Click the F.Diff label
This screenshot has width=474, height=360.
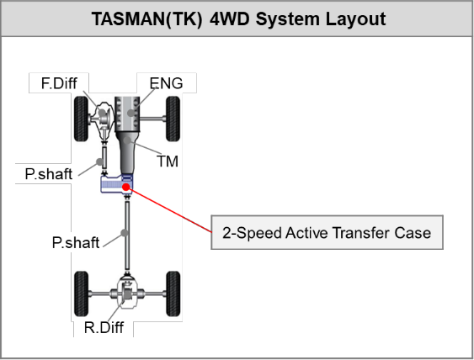tap(59, 83)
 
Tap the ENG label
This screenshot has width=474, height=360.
tap(166, 83)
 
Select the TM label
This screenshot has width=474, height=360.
tap(168, 161)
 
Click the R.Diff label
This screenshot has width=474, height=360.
tap(104, 327)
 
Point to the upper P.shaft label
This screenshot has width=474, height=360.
tap(49, 174)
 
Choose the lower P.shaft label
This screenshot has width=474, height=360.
tap(76, 242)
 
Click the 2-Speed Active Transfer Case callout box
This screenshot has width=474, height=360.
tap(327, 232)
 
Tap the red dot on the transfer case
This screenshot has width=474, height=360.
tap(126, 188)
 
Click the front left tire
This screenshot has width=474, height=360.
tap(82, 119)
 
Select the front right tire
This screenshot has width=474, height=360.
tap(173, 119)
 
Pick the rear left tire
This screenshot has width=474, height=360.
tap(82, 294)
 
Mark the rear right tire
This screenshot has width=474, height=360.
tap(173, 294)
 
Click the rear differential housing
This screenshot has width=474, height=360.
tap(127, 293)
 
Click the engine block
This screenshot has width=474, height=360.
tap(127, 114)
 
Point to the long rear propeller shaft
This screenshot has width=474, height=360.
tap(127, 235)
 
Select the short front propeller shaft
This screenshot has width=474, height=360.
tap(104, 157)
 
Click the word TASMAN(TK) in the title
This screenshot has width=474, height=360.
tap(147, 19)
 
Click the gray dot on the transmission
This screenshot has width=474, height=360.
tap(127, 140)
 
